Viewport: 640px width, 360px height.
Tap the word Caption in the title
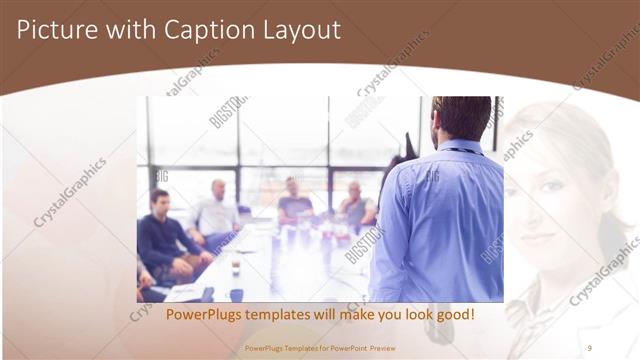[x=190, y=30]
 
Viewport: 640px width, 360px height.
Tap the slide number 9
[x=589, y=347]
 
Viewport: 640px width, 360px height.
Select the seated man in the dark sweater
[x=160, y=240]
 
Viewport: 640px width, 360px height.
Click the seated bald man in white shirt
[x=214, y=212]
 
